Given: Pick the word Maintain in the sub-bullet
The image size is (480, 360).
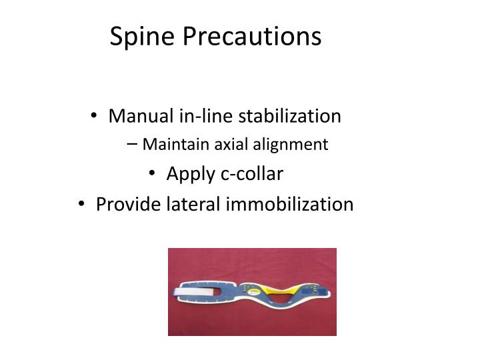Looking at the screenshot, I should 173,144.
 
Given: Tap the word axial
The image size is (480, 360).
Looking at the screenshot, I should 227,144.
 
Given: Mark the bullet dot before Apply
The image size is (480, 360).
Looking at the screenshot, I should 152,175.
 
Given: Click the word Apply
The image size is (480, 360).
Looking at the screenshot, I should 191,175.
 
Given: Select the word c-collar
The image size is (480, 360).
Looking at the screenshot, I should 252,174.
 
